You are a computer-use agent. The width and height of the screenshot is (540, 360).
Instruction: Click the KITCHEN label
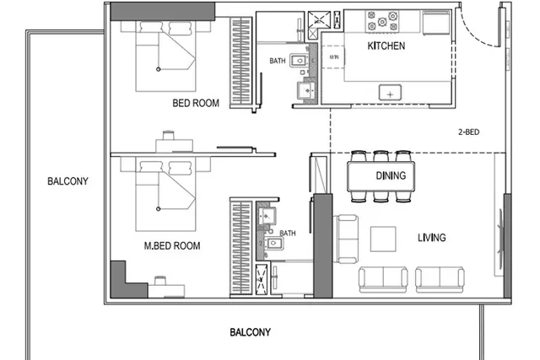click(x=386, y=46)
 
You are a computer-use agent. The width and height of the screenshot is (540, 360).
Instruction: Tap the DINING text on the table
click(x=391, y=175)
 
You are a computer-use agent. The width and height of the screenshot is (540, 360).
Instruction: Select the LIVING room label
click(x=431, y=238)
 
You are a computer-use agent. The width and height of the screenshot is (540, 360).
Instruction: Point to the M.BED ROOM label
click(x=172, y=245)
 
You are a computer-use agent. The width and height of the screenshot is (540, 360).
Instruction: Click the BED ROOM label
click(x=196, y=103)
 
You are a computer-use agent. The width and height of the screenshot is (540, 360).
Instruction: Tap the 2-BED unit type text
click(x=469, y=132)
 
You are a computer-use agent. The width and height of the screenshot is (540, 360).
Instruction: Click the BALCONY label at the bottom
click(x=251, y=332)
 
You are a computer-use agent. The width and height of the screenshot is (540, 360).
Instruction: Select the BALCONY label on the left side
click(x=67, y=181)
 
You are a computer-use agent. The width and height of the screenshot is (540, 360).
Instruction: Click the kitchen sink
click(x=390, y=93)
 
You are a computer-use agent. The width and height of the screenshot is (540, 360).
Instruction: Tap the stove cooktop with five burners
click(x=382, y=21)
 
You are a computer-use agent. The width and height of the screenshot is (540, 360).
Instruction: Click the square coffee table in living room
click(x=383, y=239)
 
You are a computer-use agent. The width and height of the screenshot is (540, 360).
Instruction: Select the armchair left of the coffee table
click(x=345, y=239)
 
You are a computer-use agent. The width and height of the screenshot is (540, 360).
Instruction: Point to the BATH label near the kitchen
click(x=278, y=61)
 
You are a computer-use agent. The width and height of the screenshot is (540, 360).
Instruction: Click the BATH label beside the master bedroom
click(x=288, y=234)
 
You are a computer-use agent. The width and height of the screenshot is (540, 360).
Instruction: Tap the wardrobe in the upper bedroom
click(x=241, y=62)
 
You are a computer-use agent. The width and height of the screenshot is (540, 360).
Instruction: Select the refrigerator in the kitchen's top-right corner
click(x=437, y=22)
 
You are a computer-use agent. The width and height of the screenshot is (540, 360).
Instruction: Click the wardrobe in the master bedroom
click(x=241, y=248)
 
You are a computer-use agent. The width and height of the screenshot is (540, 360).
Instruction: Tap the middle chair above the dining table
click(x=381, y=156)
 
